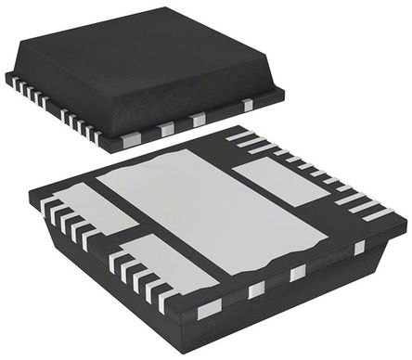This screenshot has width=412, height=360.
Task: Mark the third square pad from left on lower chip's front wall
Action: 297,273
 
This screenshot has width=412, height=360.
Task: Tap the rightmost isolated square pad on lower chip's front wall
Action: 359,248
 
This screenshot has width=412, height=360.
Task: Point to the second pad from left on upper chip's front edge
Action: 166,130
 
